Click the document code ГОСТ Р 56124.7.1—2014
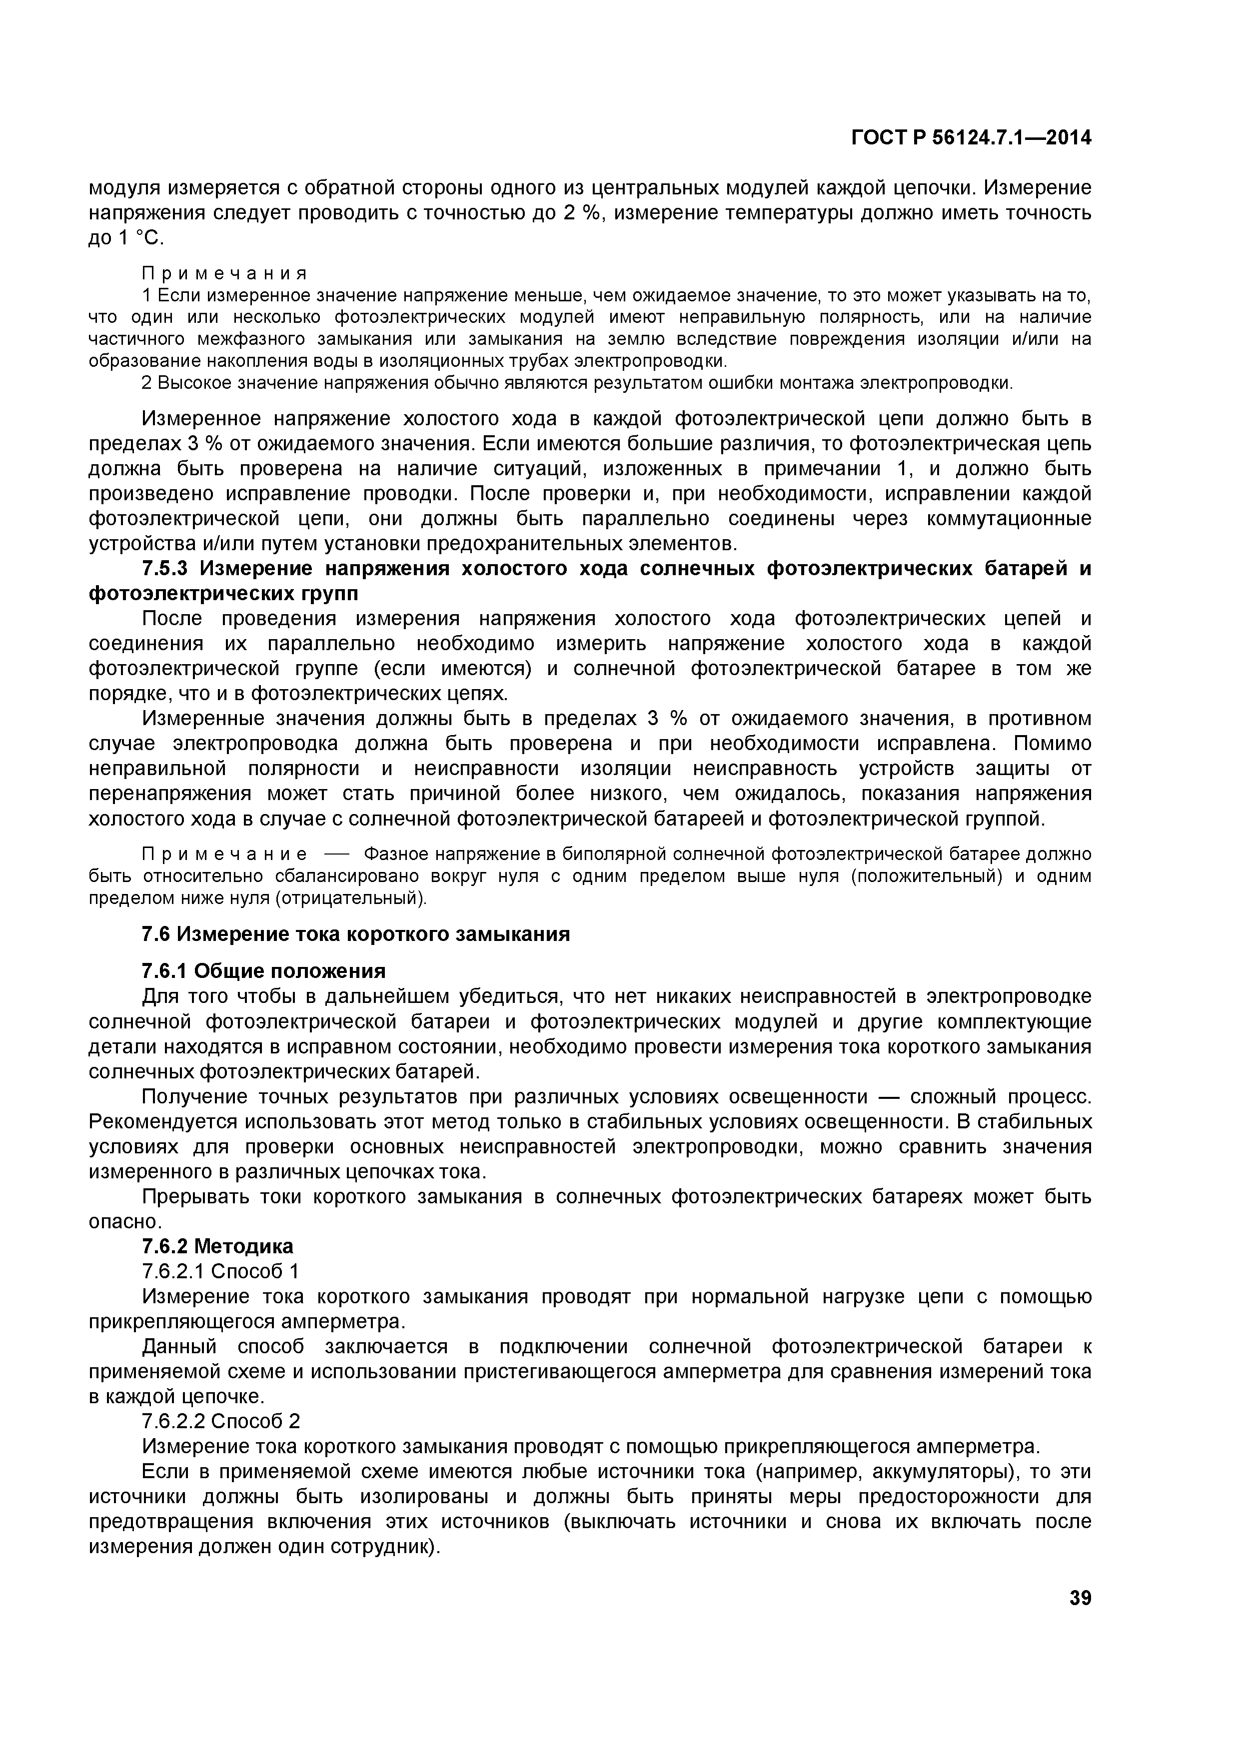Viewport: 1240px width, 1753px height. click(x=971, y=138)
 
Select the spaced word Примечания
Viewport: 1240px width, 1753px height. click(x=224, y=273)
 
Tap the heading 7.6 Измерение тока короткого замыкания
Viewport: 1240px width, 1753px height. click(x=356, y=934)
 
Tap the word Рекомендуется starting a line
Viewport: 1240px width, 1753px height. click(x=162, y=1122)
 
